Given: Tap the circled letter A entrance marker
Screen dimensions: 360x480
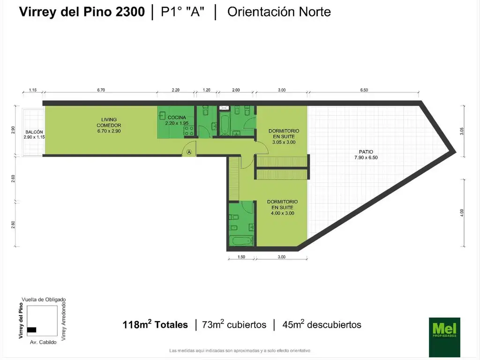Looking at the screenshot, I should pos(189,152).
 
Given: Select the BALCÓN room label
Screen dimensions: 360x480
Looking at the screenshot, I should pos(34,135).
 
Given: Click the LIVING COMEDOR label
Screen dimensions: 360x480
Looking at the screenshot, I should pos(109,125).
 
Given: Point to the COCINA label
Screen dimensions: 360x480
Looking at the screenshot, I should pos(176,120).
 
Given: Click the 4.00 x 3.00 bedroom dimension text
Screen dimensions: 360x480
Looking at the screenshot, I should pos(282,213).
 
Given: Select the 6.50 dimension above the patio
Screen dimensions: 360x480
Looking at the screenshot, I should pos(364,90).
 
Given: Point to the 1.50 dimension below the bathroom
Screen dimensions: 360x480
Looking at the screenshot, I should pos(241,257).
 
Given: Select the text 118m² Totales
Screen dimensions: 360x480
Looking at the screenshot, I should pos(155,324).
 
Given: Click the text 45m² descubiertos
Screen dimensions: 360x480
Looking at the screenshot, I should pos(321,324).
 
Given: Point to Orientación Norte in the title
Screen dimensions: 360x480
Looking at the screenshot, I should pos(279,12).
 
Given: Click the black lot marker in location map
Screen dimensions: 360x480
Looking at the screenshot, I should pos(32,330).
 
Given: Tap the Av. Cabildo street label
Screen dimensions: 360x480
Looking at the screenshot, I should pos(44,342).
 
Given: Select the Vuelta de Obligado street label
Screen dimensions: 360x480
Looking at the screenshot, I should pos(44,299).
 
